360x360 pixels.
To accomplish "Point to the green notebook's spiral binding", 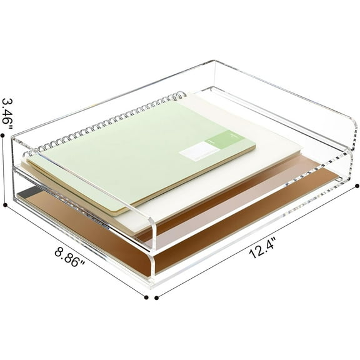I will click(x=106, y=122).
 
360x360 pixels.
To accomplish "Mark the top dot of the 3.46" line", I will click(x=6, y=141).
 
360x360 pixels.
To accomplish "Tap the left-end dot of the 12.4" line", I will click(x=156, y=297).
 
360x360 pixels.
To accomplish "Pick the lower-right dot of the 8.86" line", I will click(x=146, y=297).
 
